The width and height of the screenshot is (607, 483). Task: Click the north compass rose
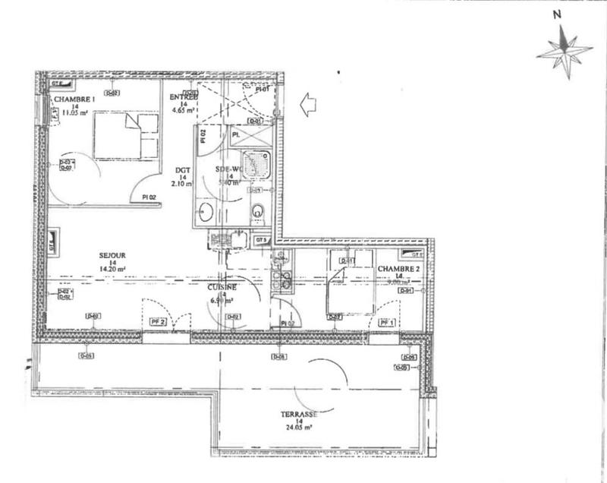564,51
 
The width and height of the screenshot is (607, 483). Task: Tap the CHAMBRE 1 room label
74,100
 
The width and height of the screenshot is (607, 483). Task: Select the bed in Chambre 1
125,136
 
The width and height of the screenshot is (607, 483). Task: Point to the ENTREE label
184,97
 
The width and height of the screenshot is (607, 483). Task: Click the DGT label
182,171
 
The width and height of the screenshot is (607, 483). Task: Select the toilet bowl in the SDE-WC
259,212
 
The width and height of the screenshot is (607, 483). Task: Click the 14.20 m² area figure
112,268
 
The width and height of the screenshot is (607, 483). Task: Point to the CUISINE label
222,288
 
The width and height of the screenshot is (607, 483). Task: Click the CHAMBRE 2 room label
398,270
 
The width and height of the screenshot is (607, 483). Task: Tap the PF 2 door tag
158,322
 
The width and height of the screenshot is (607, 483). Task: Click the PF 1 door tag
388,323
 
